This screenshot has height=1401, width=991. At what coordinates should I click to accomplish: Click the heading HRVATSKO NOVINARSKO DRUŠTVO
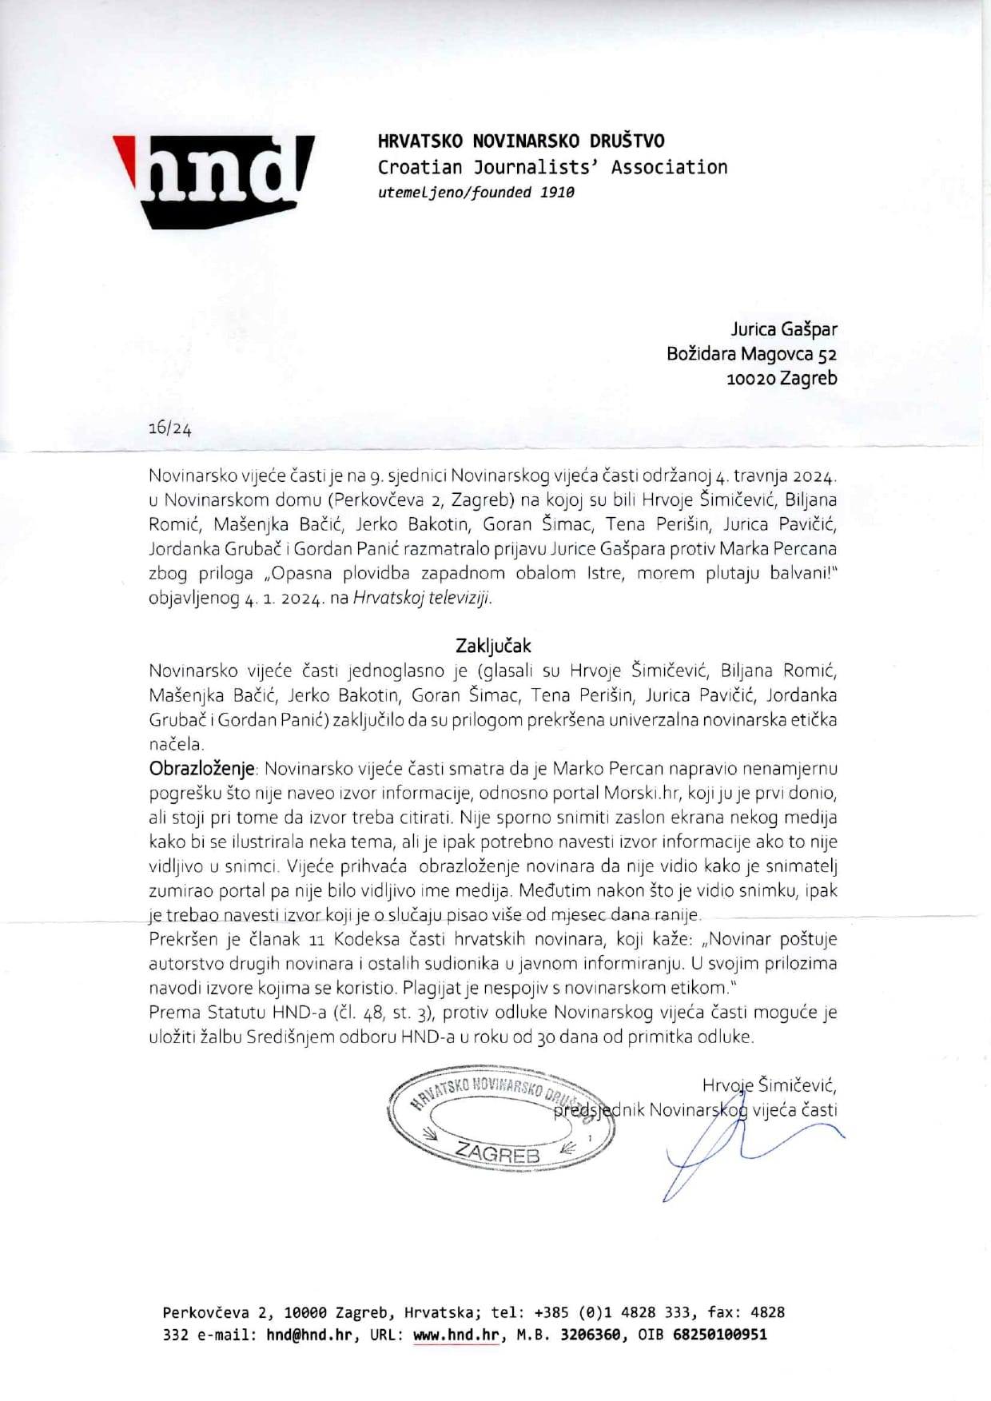click(521, 141)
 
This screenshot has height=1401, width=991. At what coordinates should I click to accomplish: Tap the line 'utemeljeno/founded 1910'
click(476, 193)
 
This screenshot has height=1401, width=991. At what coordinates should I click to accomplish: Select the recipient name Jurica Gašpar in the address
click(784, 328)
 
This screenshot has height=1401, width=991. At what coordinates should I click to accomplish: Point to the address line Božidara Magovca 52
click(751, 353)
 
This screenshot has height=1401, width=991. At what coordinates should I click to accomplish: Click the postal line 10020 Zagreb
click(781, 378)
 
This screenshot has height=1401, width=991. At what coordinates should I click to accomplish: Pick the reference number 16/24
click(169, 428)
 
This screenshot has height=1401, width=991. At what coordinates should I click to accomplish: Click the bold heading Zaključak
click(493, 645)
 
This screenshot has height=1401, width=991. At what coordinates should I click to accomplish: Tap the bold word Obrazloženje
click(201, 769)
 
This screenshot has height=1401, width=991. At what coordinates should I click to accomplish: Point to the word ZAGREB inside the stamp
click(497, 1153)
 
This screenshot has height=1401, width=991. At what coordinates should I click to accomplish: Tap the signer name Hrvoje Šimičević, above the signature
click(769, 1085)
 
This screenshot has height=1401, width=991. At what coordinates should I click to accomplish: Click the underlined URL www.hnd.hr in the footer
click(456, 1335)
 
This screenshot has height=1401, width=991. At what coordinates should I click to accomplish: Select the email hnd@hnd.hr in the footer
click(308, 1335)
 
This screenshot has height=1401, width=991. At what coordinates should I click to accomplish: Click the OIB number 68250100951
click(718, 1335)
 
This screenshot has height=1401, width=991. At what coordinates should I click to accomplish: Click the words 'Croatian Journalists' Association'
click(552, 167)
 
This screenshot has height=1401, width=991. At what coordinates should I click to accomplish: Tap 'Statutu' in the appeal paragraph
click(238, 1013)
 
